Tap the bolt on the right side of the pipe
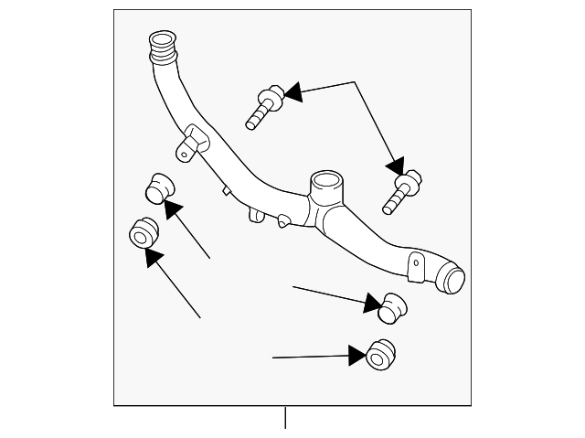(x=402, y=189)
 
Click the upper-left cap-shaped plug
(x=161, y=186)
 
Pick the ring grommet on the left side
(x=144, y=233)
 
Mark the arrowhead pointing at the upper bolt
(x=292, y=91)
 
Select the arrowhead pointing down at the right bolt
(x=395, y=166)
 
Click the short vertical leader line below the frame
(x=285, y=418)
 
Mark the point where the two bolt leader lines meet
(x=355, y=82)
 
